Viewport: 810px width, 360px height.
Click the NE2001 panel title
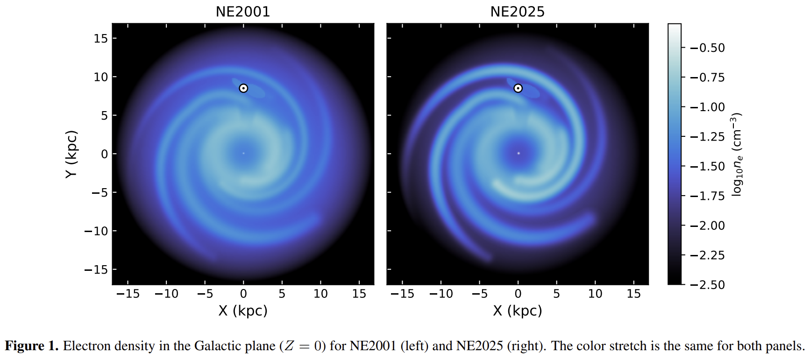click(x=243, y=12)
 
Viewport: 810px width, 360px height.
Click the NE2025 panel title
click(x=518, y=12)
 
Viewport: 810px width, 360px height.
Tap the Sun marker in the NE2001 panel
click(x=243, y=88)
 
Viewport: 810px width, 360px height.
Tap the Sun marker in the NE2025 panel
click(x=518, y=88)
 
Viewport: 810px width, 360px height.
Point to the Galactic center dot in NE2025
click(x=518, y=153)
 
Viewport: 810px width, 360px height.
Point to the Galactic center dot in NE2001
click(x=243, y=153)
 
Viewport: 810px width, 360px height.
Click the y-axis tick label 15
click(x=100, y=38)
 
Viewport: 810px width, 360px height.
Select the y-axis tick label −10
click(x=96, y=231)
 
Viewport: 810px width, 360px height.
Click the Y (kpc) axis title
click(x=71, y=154)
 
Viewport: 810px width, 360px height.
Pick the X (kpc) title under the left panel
click(x=243, y=311)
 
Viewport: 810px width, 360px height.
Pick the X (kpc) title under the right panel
click(x=518, y=311)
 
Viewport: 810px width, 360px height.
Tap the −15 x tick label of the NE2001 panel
click(x=128, y=294)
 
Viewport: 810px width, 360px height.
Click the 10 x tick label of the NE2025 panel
click(x=595, y=294)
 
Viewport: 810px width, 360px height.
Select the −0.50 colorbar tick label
click(x=707, y=48)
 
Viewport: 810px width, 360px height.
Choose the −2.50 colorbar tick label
click(x=707, y=285)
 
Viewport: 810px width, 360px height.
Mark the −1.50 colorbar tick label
click(x=707, y=166)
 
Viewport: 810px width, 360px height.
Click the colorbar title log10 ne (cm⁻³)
click(x=736, y=154)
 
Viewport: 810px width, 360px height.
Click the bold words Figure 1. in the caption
click(x=31, y=346)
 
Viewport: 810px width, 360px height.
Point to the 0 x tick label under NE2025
click(x=518, y=294)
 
